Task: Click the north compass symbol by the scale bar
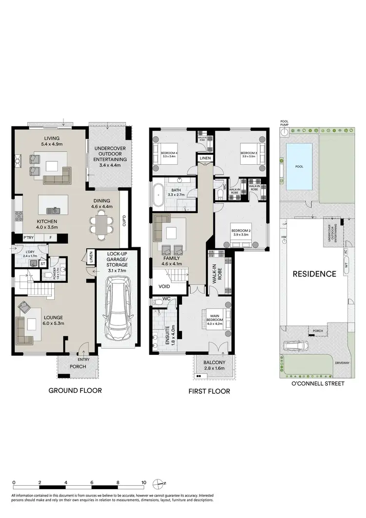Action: (x=158, y=483)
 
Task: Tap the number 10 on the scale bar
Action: (x=143, y=482)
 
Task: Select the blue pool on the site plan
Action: (x=300, y=167)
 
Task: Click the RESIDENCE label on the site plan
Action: (x=314, y=274)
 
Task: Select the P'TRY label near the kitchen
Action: (x=28, y=238)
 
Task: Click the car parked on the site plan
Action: (x=295, y=347)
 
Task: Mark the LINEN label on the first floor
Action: (x=204, y=158)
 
